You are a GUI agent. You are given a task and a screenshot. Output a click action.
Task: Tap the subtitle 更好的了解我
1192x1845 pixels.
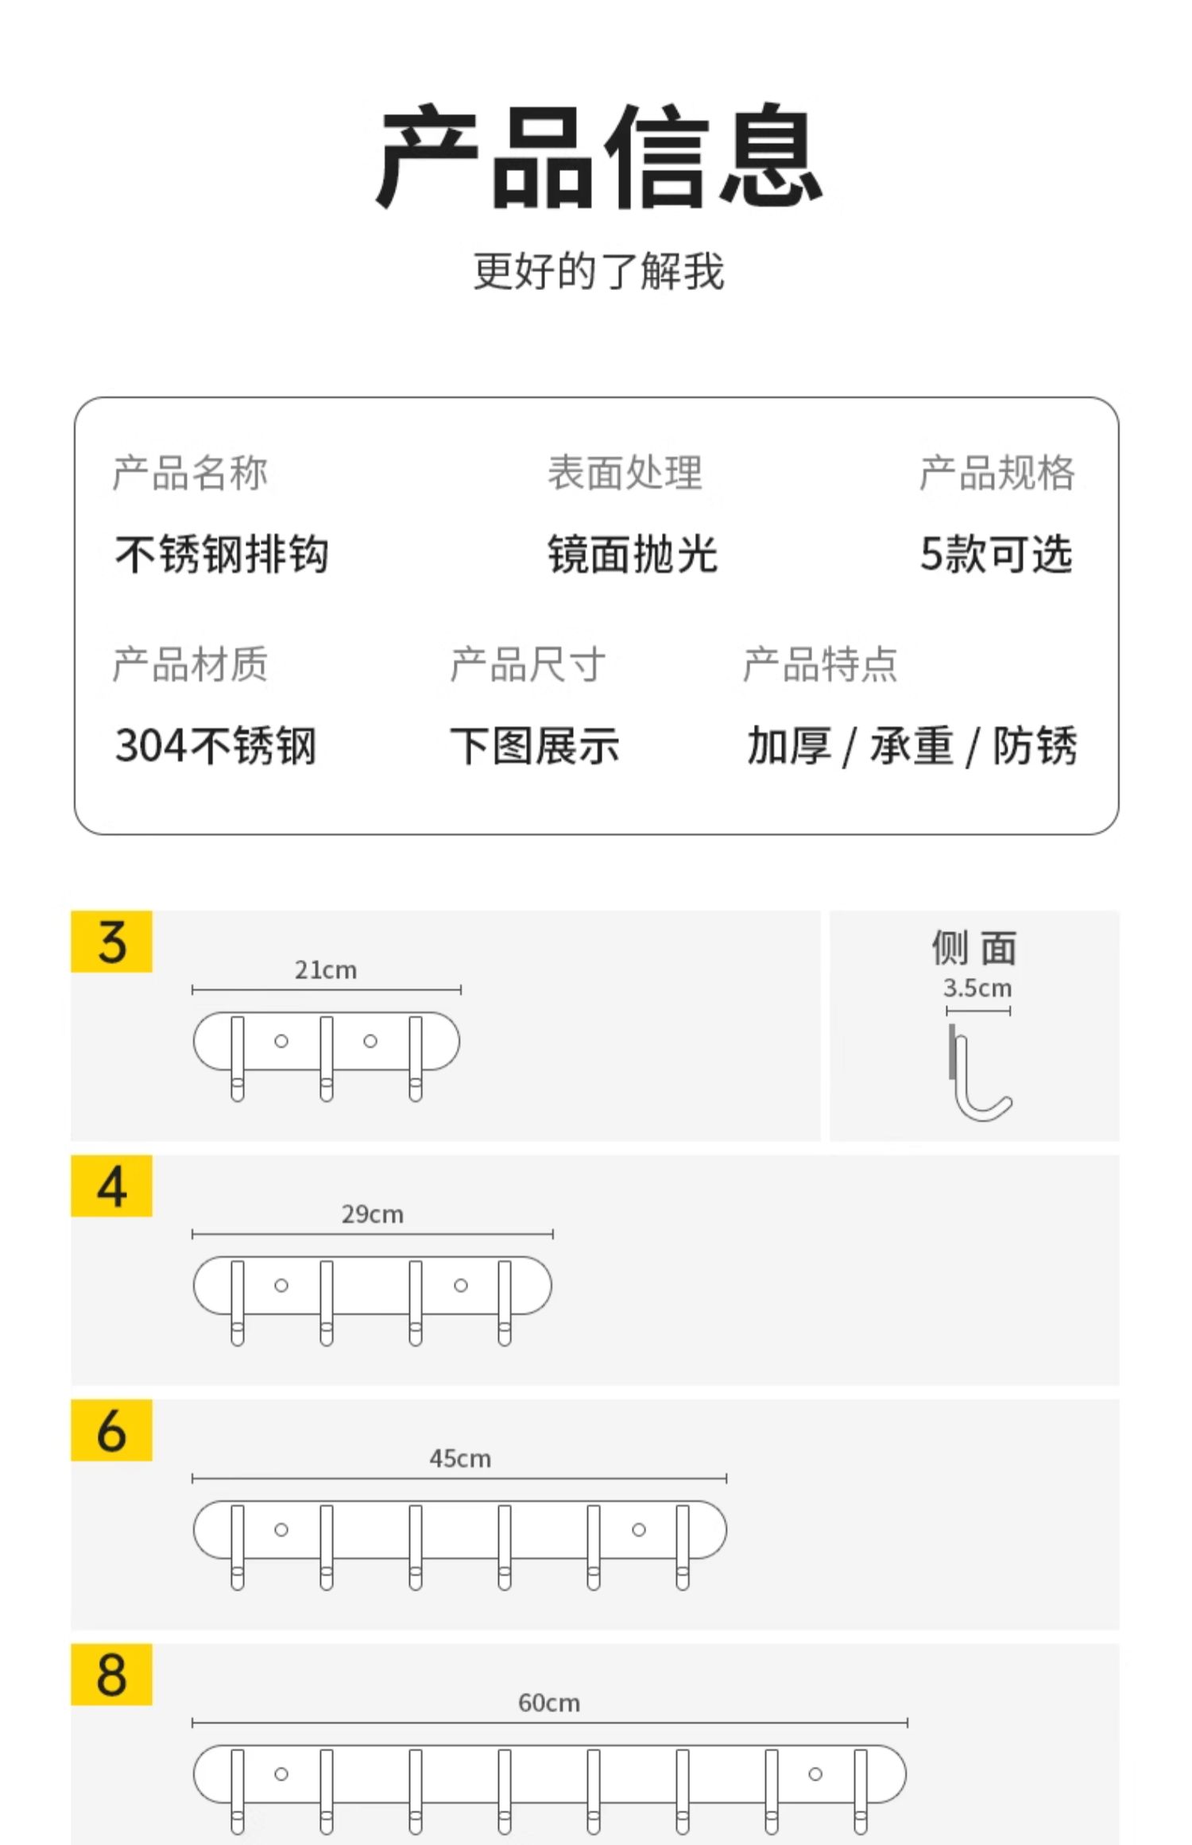(x=598, y=272)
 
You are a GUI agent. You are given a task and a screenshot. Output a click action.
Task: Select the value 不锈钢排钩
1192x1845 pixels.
(x=222, y=554)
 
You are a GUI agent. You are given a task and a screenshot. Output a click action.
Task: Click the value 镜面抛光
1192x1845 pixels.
(x=633, y=554)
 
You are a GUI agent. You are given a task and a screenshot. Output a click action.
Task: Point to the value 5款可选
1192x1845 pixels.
(x=996, y=554)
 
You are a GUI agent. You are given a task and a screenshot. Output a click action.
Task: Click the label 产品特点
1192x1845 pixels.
(x=819, y=664)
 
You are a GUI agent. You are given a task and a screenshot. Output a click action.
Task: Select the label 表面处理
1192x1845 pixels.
(x=625, y=473)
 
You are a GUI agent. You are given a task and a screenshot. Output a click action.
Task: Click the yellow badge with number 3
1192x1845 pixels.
(x=111, y=942)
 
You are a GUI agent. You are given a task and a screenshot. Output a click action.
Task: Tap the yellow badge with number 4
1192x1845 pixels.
(x=111, y=1186)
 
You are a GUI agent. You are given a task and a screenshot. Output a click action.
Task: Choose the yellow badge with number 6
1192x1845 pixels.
(x=111, y=1430)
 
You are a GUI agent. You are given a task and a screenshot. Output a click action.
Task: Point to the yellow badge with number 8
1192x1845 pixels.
(x=111, y=1674)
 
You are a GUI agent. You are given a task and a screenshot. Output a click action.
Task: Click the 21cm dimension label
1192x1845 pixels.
(x=326, y=970)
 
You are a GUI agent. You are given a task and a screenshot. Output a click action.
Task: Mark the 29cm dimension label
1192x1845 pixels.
(x=373, y=1214)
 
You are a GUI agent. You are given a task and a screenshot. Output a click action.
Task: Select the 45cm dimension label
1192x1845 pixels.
(x=460, y=1458)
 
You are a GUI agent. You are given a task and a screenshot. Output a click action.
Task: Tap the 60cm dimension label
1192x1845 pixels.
(x=549, y=1703)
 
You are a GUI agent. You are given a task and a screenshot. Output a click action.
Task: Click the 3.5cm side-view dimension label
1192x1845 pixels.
(x=977, y=988)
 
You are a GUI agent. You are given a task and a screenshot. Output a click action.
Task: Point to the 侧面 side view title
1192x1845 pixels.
(x=974, y=948)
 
